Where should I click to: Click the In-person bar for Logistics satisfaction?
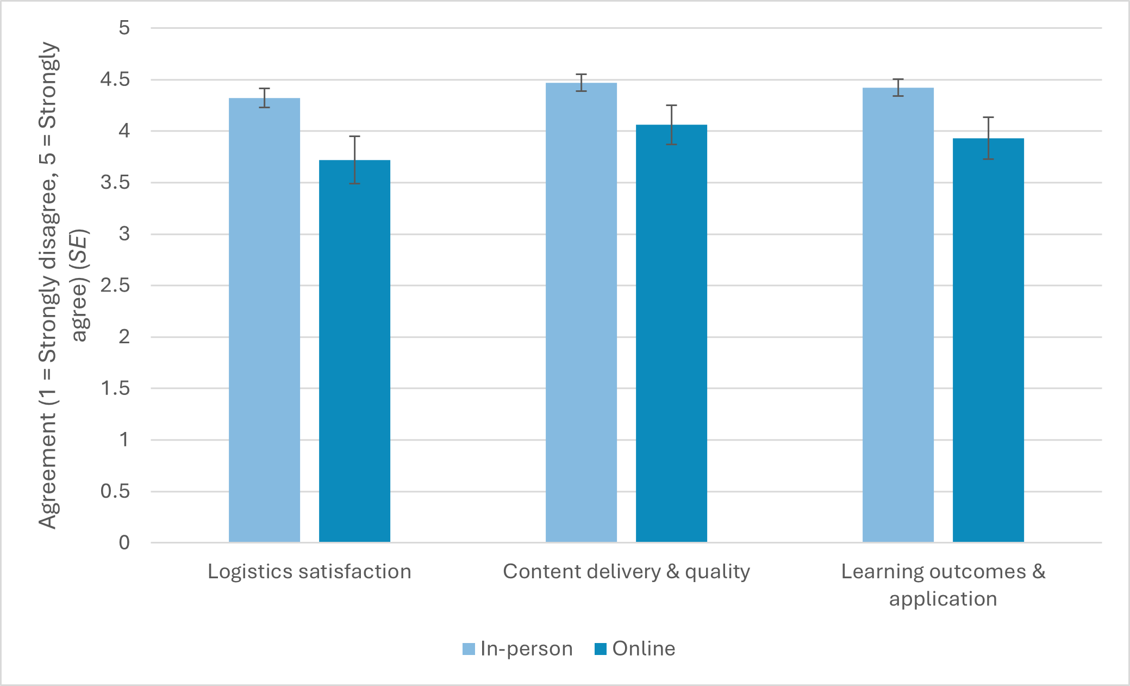coord(264,321)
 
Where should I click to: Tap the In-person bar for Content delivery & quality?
coord(581,313)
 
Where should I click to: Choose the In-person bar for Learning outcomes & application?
coord(898,316)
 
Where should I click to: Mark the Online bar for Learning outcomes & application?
coord(988,340)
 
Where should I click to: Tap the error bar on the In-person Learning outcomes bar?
coord(898,87)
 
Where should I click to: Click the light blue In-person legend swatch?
coord(469,648)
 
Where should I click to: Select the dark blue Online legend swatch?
coord(600,648)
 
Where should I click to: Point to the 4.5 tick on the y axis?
coord(115,79)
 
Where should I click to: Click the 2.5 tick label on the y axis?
coord(115,285)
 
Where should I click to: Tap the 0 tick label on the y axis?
coord(124,542)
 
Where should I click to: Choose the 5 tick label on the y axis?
coord(124,28)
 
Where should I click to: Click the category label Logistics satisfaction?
coord(309,571)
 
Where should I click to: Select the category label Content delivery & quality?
coord(626,571)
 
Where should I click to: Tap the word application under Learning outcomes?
coord(943,598)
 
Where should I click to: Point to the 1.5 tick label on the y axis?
coord(115,388)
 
